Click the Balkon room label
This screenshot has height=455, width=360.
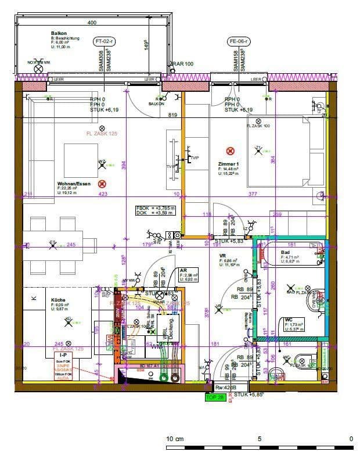59,34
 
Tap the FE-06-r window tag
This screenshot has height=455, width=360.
239,41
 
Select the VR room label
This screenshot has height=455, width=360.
222,255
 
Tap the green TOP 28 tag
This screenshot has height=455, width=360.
215,397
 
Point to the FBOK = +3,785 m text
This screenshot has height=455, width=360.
154,207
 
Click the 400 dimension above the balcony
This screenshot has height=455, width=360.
92,23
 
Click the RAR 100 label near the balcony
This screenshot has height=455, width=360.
182,64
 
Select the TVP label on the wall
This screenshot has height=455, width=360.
194,158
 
